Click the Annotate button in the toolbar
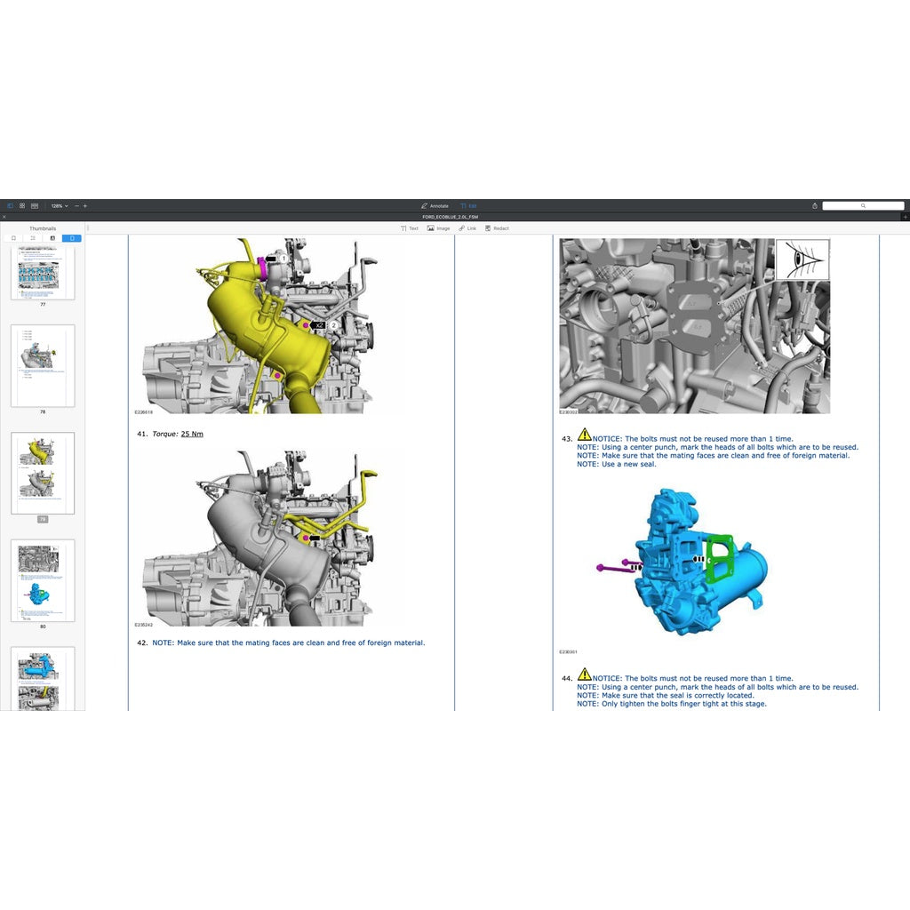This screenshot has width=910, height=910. click(435, 206)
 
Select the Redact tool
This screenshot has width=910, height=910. click(497, 228)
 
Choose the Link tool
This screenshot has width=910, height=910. click(467, 228)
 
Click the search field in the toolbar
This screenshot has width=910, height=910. click(862, 206)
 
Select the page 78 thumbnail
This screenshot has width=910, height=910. click(43, 365)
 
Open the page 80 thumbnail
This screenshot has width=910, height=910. click(43, 579)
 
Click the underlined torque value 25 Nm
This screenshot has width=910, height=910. click(192, 434)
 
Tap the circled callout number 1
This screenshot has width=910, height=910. click(283, 259)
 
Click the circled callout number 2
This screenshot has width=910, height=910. click(333, 326)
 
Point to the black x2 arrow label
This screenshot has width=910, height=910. click(319, 326)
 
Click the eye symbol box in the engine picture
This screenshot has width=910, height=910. click(802, 259)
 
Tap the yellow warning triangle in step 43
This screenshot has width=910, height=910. click(584, 435)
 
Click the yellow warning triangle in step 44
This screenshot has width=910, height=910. click(584, 675)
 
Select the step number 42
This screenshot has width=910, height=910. click(141, 643)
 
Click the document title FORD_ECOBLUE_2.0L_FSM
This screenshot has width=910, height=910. click(450, 217)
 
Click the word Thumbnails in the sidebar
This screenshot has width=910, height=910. click(43, 228)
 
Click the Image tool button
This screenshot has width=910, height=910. click(438, 228)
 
